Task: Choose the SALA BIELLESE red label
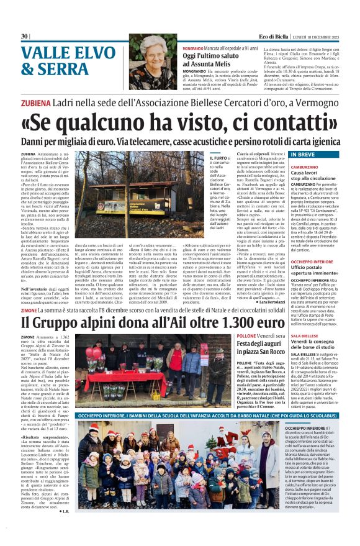point(308,335)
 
